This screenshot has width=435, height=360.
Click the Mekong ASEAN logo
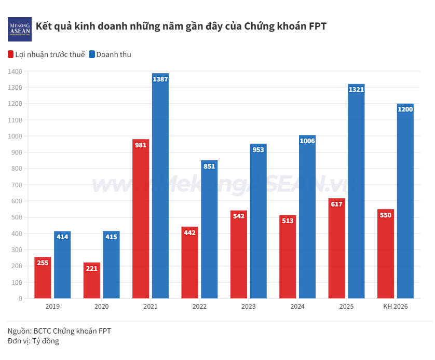pos(20,29)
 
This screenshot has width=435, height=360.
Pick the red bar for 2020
pos(92,283)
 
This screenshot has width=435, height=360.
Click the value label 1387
pos(160,79)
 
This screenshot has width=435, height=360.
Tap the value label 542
pos(239,216)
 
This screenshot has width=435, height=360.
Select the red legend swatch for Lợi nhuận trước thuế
pos(11,54)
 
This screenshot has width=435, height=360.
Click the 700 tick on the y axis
pos(17,185)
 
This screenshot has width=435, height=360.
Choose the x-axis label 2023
pos(249,307)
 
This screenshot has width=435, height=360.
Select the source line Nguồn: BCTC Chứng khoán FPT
pos(59,330)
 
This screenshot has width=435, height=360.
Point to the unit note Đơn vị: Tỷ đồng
pos(33,341)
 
